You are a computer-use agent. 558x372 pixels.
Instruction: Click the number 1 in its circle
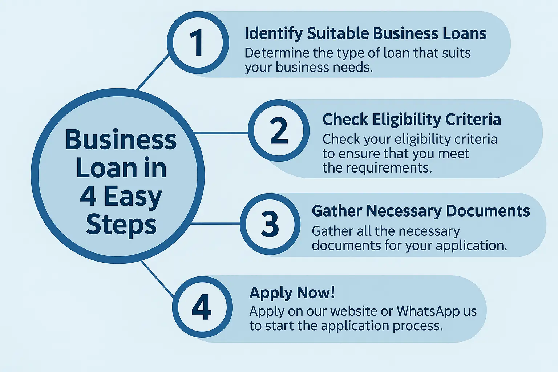[197, 43]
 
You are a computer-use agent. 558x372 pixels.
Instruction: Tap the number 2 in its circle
[279, 131]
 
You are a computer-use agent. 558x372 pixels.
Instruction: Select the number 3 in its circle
[270, 224]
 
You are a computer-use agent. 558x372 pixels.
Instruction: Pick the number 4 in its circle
[202, 307]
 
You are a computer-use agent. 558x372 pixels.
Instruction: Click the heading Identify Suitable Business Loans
[365, 33]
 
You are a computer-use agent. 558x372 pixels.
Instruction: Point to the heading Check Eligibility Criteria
[412, 119]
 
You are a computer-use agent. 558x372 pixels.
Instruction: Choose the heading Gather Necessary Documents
[421, 211]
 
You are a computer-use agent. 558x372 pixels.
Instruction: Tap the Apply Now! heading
[292, 293]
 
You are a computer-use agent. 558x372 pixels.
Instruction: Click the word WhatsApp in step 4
[424, 311]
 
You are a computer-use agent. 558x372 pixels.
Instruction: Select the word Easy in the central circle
[133, 197]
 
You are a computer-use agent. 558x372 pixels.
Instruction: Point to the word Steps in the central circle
[121, 225]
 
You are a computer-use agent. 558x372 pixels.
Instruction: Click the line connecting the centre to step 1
[153, 72]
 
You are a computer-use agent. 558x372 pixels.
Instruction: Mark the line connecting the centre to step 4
[158, 279]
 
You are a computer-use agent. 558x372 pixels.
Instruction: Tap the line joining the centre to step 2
[222, 133]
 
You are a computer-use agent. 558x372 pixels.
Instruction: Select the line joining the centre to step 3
[215, 223]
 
